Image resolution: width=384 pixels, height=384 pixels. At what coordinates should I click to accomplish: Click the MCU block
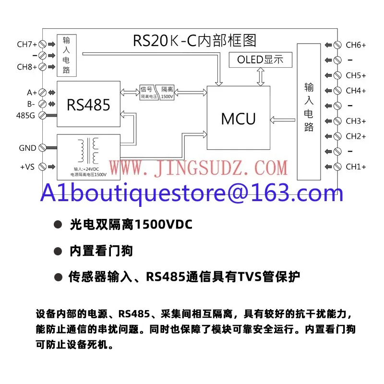click(238, 119)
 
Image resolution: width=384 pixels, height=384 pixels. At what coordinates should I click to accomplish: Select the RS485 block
click(88, 104)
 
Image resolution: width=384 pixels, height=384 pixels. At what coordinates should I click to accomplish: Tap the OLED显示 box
click(260, 60)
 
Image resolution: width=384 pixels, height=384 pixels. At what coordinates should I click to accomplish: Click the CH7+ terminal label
click(27, 45)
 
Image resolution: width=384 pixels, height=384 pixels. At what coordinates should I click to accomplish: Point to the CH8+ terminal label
click(27, 67)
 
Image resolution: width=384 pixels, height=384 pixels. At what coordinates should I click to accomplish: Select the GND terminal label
click(27, 148)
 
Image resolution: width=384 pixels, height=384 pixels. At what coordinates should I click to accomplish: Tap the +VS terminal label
click(28, 167)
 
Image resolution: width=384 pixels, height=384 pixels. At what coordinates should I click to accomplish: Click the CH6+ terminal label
click(356, 45)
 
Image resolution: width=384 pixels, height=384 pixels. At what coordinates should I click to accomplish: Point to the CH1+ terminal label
click(356, 167)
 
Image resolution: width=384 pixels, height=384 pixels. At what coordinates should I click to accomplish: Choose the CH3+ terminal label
click(356, 121)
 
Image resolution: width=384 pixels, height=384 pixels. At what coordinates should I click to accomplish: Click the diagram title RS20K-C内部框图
click(195, 40)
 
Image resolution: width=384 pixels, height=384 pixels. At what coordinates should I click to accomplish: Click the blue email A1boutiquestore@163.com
click(192, 193)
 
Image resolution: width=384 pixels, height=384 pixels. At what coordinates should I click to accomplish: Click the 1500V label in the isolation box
click(168, 96)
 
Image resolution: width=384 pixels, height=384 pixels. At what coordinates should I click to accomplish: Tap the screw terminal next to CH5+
click(337, 75)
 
